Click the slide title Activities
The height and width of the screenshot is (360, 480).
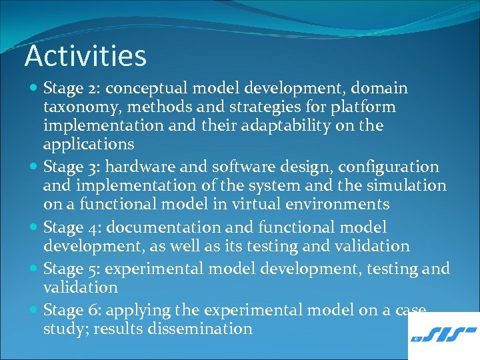coord(85,56)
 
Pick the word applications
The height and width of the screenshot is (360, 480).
coord(88,145)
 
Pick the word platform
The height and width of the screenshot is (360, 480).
coord(365,107)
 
